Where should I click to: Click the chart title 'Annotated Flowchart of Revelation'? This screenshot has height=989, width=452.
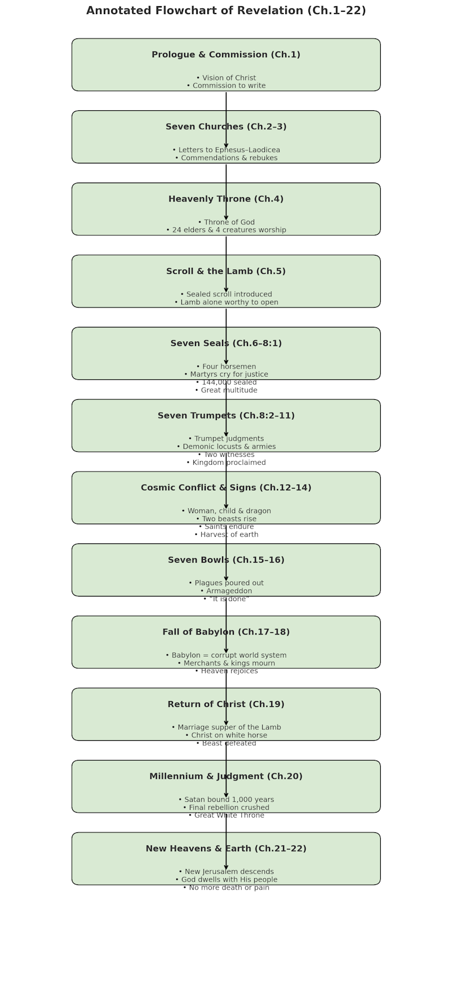coord(226,11)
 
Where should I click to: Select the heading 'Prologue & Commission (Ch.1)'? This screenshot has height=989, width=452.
coord(226,55)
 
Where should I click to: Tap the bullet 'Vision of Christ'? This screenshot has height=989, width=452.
coord(226,78)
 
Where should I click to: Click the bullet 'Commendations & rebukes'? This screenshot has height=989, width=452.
coord(226,158)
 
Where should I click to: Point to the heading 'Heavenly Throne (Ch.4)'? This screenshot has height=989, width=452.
coord(226,199)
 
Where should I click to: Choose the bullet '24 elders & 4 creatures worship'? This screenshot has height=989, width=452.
coord(226,230)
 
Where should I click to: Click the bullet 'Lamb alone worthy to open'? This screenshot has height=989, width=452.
coord(226,303)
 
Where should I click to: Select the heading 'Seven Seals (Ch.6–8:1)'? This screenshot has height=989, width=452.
coord(226,343)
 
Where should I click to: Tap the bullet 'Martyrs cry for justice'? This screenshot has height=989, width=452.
coord(226,374)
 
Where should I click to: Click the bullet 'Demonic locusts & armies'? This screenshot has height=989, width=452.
coord(226,447)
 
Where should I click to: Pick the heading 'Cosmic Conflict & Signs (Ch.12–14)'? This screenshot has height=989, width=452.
coord(226,487)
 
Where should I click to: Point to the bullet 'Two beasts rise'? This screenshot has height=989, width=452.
coord(226,519)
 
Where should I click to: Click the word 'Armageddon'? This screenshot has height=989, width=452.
coord(226,591)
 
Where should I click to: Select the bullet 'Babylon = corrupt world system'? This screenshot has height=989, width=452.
coord(226,655)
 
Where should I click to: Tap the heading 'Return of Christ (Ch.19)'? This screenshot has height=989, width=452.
coord(226,704)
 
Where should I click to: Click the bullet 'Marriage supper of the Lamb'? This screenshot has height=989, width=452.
coord(226,728)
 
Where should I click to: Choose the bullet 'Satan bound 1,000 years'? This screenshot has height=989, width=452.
coord(226,800)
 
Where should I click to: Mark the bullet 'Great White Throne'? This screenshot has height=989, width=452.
coord(226,815)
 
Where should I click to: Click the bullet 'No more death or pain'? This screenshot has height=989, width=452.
coord(226,888)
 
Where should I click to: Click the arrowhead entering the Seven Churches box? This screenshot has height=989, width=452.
coord(226,145)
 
